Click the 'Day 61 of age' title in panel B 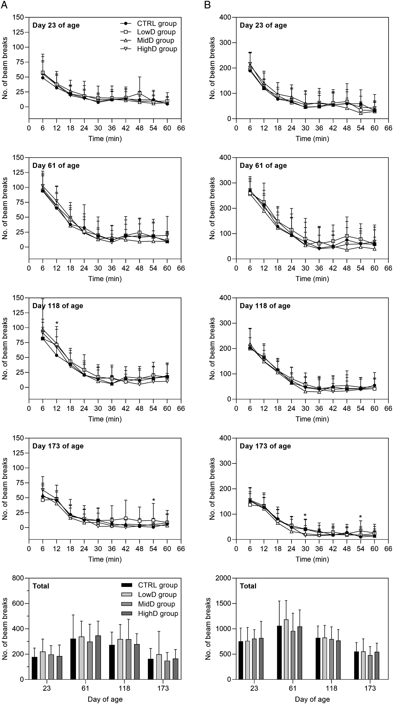click(x=263, y=166)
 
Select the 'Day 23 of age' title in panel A click(x=56, y=25)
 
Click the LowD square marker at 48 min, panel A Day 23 click(x=140, y=93)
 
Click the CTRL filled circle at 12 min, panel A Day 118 click(x=57, y=355)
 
